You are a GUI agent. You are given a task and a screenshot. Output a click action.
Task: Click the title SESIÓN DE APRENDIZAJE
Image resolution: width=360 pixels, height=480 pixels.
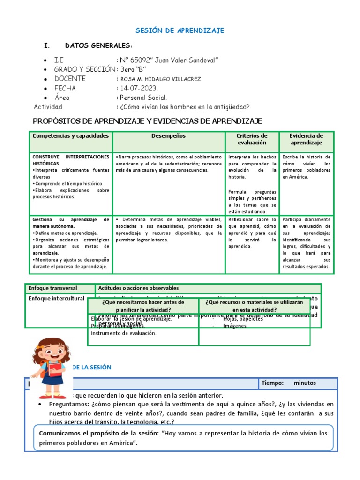pyautogui.click(x=180, y=30)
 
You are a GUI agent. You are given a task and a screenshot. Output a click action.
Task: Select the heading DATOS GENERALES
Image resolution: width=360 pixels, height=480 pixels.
pyautogui.click(x=98, y=45)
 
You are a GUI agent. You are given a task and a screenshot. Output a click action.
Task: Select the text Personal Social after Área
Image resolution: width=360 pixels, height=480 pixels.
pyautogui.click(x=143, y=97)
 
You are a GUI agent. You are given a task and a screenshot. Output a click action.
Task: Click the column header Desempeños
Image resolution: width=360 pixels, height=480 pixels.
pyautogui.click(x=168, y=136)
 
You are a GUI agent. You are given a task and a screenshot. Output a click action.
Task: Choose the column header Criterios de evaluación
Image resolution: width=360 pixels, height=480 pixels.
pyautogui.click(x=252, y=139)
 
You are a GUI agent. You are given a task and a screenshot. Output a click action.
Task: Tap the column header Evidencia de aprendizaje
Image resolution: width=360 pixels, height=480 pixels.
pyautogui.click(x=307, y=139)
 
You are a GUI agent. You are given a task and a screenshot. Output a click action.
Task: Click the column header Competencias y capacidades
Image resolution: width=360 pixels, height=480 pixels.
pyautogui.click(x=70, y=136)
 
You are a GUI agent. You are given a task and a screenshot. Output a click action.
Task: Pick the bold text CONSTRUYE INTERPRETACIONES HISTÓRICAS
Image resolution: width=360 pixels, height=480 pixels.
pyautogui.click(x=70, y=160)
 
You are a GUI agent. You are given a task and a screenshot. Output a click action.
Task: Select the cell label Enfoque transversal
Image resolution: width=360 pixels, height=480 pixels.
pyautogui.click(x=52, y=288)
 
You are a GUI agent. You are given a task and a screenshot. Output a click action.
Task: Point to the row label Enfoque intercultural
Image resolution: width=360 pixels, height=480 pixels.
pyautogui.click(x=56, y=299)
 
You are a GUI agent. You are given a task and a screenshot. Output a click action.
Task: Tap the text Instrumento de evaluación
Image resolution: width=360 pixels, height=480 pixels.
pyautogui.click(x=123, y=333)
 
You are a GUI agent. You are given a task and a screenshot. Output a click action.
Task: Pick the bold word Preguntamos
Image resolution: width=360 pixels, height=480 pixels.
pyautogui.click(x=69, y=404)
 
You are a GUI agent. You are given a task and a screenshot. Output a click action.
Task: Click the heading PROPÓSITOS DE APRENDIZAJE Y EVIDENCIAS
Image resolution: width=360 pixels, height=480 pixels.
pyautogui.click(x=148, y=121)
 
